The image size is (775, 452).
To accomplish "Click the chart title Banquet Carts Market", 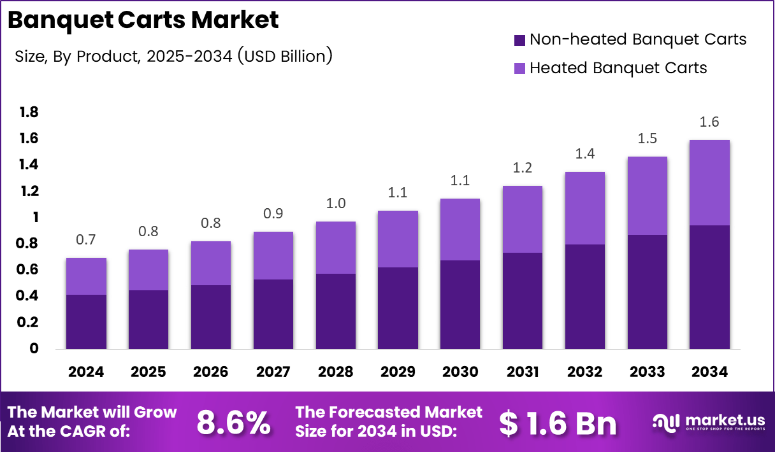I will pyautogui.click(x=143, y=20).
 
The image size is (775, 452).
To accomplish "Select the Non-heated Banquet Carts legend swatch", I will pyautogui.click(x=519, y=40).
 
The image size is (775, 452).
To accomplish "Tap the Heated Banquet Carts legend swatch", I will pyautogui.click(x=519, y=68).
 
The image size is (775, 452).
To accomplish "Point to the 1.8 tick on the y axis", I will pyautogui.click(x=29, y=113).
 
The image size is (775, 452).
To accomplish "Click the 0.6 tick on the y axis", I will pyautogui.click(x=29, y=270).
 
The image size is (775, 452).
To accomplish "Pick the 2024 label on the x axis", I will pyautogui.click(x=86, y=372).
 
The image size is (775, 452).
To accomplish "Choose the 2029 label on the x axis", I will pyautogui.click(x=398, y=372).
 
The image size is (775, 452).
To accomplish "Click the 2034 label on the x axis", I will pyautogui.click(x=709, y=372).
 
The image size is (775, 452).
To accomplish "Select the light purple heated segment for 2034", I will pyautogui.click(x=709, y=183).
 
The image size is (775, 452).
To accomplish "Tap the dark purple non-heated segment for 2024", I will pyautogui.click(x=86, y=321).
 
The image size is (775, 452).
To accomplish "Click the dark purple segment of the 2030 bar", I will pyautogui.click(x=460, y=304).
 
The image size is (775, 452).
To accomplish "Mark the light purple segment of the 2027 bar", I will pyautogui.click(x=273, y=255).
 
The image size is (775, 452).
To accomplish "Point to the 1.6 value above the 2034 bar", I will pyautogui.click(x=709, y=122).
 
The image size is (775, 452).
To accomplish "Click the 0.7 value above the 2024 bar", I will pyautogui.click(x=86, y=240).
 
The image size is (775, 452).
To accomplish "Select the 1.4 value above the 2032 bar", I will pyautogui.click(x=584, y=154).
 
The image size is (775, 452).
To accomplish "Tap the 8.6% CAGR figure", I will pyautogui.click(x=233, y=423).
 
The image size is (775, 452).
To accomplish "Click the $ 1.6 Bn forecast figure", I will pyautogui.click(x=558, y=423).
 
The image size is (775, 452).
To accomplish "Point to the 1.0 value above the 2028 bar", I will pyautogui.click(x=335, y=204).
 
